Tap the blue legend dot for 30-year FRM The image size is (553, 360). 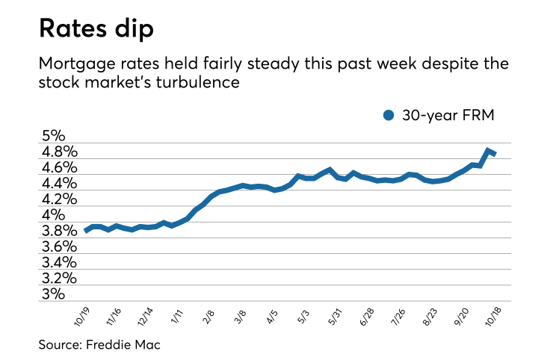coord(388,115)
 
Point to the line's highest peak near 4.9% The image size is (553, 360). coord(487,150)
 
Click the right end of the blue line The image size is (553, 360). coord(495,154)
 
